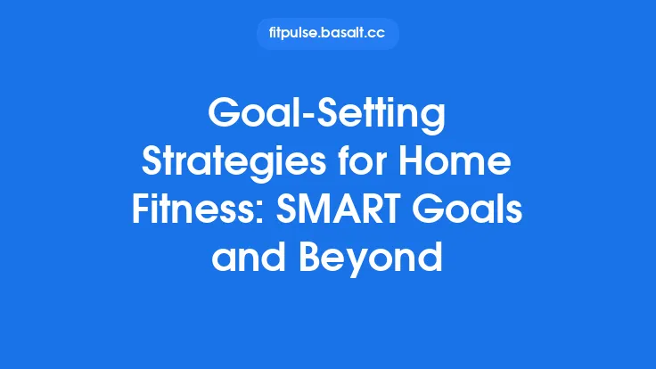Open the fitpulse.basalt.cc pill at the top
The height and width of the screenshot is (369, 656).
(327, 34)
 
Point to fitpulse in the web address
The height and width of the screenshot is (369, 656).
(292, 34)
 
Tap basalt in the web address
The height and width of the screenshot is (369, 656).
(342, 34)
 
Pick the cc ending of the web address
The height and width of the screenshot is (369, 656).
(376, 34)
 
